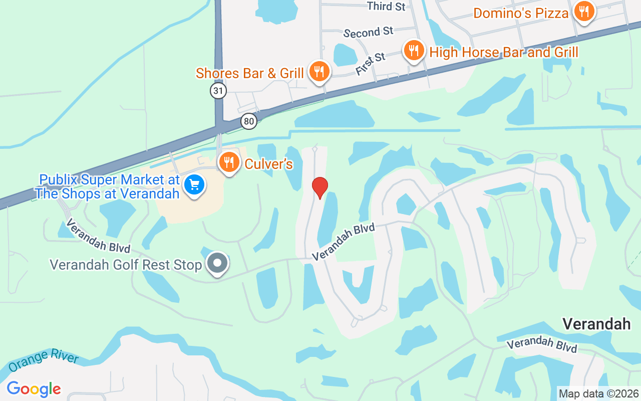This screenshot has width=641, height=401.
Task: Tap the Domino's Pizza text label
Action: [521, 13]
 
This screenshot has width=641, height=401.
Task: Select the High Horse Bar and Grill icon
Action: [414, 51]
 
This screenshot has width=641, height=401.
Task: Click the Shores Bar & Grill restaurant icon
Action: [318, 72]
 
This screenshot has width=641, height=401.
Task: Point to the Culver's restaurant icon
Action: [229, 162]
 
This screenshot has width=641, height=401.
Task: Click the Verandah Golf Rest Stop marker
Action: [217, 263]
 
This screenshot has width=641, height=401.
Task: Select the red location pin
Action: [319, 187]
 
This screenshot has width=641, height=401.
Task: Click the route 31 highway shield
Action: [218, 91]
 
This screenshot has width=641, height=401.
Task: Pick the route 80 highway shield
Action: [248, 121]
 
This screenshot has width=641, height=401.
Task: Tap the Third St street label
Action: [386, 6]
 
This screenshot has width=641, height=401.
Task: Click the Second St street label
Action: [369, 33]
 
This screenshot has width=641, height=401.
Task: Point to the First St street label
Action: [371, 64]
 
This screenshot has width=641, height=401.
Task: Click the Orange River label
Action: [43, 361]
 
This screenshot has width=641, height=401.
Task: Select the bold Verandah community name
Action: [596, 324]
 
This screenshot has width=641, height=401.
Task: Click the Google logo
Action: [34, 388]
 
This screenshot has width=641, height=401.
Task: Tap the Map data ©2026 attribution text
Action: [599, 393]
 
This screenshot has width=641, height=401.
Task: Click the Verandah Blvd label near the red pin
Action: [343, 242]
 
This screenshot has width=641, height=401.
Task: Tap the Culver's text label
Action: [268, 164]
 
